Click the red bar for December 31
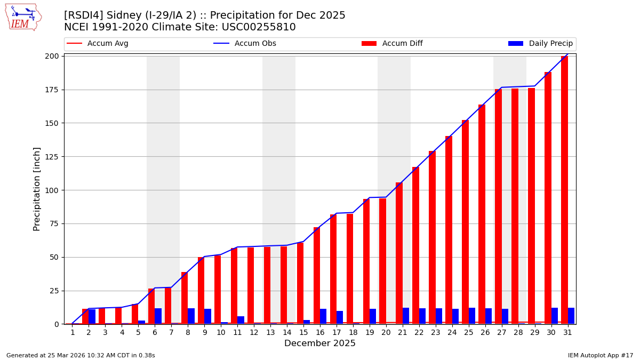[x=564, y=190]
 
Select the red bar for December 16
[x=317, y=275]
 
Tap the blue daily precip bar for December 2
[x=92, y=317]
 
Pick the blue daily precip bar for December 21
[x=406, y=316]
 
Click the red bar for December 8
[x=185, y=298]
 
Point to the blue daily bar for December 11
[x=241, y=320]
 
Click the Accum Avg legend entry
[x=98, y=44]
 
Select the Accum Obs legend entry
[x=245, y=44]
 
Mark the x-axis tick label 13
[x=270, y=332]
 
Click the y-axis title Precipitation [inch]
[x=37, y=189]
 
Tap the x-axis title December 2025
[x=319, y=343]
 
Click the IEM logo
[x=23, y=17]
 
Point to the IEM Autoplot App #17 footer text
[x=601, y=355]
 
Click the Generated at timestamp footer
[x=81, y=355]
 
